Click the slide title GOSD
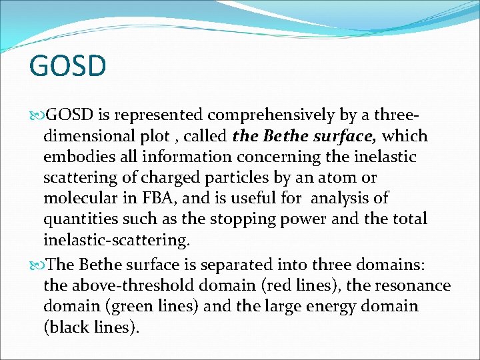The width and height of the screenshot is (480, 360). tap(67, 66)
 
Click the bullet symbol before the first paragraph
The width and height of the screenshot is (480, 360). tap(35, 115)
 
